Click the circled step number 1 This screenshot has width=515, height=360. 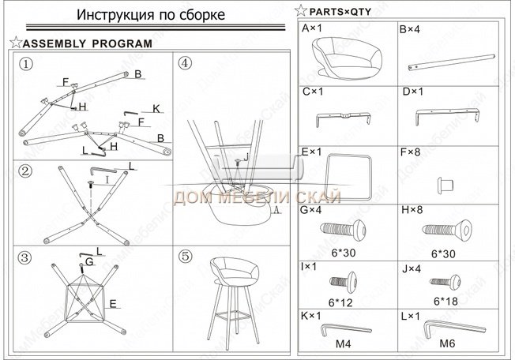click(26, 64)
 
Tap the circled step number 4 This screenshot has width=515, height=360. click(185, 62)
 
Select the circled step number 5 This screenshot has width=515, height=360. click(186, 257)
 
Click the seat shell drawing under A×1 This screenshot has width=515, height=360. click(347, 58)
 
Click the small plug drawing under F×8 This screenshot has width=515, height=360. click(445, 185)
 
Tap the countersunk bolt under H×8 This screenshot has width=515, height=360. click(447, 229)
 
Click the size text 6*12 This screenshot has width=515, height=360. click(340, 302)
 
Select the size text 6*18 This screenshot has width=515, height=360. click(445, 302)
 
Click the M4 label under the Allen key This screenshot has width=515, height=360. click(344, 344)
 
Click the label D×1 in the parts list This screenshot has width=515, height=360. click(413, 92)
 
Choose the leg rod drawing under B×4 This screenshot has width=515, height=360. click(452, 62)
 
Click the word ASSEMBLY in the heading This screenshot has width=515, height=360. click(55, 43)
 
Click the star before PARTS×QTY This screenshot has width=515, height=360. click(301, 11)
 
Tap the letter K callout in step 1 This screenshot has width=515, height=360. click(156, 108)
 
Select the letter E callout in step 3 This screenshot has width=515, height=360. click(113, 304)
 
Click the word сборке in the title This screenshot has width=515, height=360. click(202, 15)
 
